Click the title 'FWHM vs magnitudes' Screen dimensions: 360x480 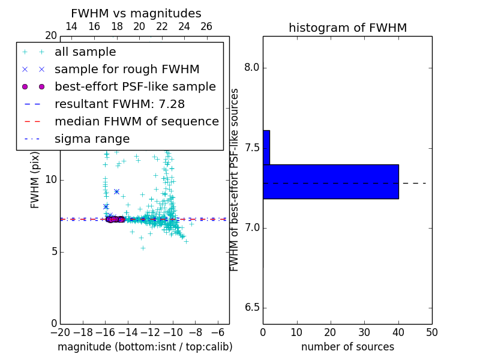[136, 14]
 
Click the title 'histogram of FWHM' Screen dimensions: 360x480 [347, 28]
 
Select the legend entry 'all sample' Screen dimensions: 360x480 [85, 52]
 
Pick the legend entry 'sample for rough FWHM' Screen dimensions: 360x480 [127, 70]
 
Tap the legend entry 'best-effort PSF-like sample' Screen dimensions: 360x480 [135, 87]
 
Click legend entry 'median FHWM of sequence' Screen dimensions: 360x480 [136, 122]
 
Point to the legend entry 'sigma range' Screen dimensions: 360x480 [92, 139]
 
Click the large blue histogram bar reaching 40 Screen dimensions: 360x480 [331, 181]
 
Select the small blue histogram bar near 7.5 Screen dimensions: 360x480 [266, 147]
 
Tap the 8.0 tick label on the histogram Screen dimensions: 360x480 [252, 68]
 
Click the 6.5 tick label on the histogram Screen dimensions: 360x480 [252, 308]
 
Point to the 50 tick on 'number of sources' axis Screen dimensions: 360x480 [431, 332]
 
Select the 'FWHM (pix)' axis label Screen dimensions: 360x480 [35, 180]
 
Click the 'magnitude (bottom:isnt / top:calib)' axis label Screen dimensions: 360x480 [145, 347]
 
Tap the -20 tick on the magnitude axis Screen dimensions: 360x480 [60, 332]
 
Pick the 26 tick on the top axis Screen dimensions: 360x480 [206, 27]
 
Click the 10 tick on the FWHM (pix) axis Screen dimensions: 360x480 [50, 180]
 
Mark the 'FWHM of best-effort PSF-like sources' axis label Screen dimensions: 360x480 [235, 180]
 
